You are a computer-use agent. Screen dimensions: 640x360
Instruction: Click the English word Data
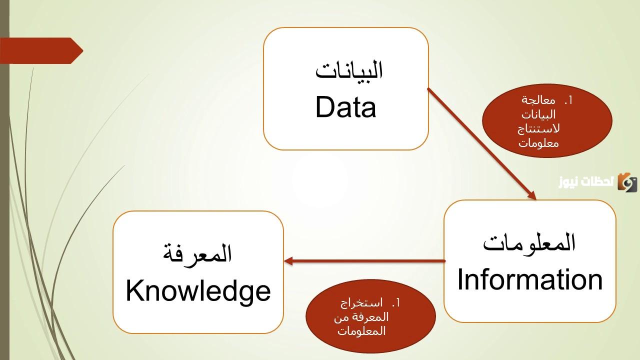(x=345, y=107)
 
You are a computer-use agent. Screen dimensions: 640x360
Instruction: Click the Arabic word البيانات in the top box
(x=349, y=71)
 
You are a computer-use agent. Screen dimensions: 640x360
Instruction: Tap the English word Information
(x=530, y=279)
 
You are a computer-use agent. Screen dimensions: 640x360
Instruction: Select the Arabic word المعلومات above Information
(x=529, y=243)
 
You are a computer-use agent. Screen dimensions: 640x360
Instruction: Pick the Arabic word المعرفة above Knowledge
(x=197, y=253)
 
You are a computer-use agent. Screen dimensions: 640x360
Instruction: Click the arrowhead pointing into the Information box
(x=531, y=195)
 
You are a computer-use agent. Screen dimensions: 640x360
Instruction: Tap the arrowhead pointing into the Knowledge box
(x=288, y=261)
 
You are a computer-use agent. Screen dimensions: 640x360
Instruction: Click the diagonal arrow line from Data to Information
(x=482, y=144)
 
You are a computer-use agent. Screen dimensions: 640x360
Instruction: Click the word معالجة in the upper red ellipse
(x=538, y=100)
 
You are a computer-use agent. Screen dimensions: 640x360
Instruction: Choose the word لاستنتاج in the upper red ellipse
(x=538, y=129)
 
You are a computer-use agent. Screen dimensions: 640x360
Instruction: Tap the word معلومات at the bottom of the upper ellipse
(x=538, y=143)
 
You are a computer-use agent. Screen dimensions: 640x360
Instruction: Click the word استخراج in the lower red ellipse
(x=361, y=303)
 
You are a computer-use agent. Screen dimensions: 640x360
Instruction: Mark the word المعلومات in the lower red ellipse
(x=361, y=331)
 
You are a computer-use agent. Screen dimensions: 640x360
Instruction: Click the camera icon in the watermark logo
(x=627, y=182)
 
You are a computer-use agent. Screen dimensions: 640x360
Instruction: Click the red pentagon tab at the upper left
(x=41, y=51)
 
